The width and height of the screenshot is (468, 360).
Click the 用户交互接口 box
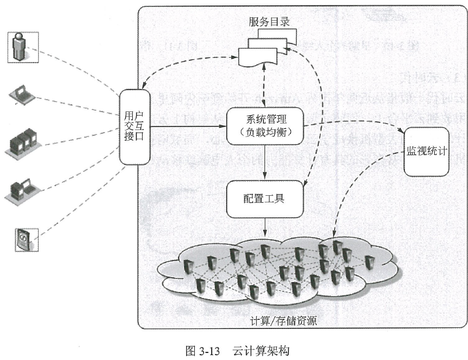[x=134, y=126]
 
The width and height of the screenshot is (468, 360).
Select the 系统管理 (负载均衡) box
[x=265, y=126]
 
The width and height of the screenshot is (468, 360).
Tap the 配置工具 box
[x=264, y=198]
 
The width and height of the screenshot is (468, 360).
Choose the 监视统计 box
[x=427, y=151]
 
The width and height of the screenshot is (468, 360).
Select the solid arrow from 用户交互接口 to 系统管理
[x=188, y=126]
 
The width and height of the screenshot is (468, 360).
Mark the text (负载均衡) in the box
[x=265, y=132]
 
